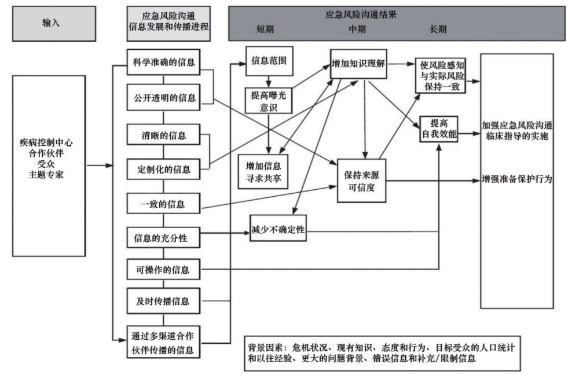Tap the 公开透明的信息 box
coord(163,98)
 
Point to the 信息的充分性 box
coord(163,237)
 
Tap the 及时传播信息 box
coord(163,302)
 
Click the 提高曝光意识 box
coord(267,99)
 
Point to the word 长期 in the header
coord(438,29)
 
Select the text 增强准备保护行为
coord(516,180)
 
